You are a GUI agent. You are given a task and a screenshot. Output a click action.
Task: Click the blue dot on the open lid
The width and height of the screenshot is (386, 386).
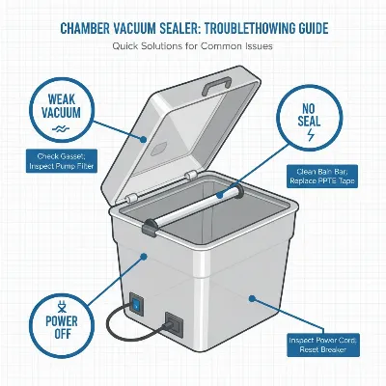[x=143, y=139]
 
